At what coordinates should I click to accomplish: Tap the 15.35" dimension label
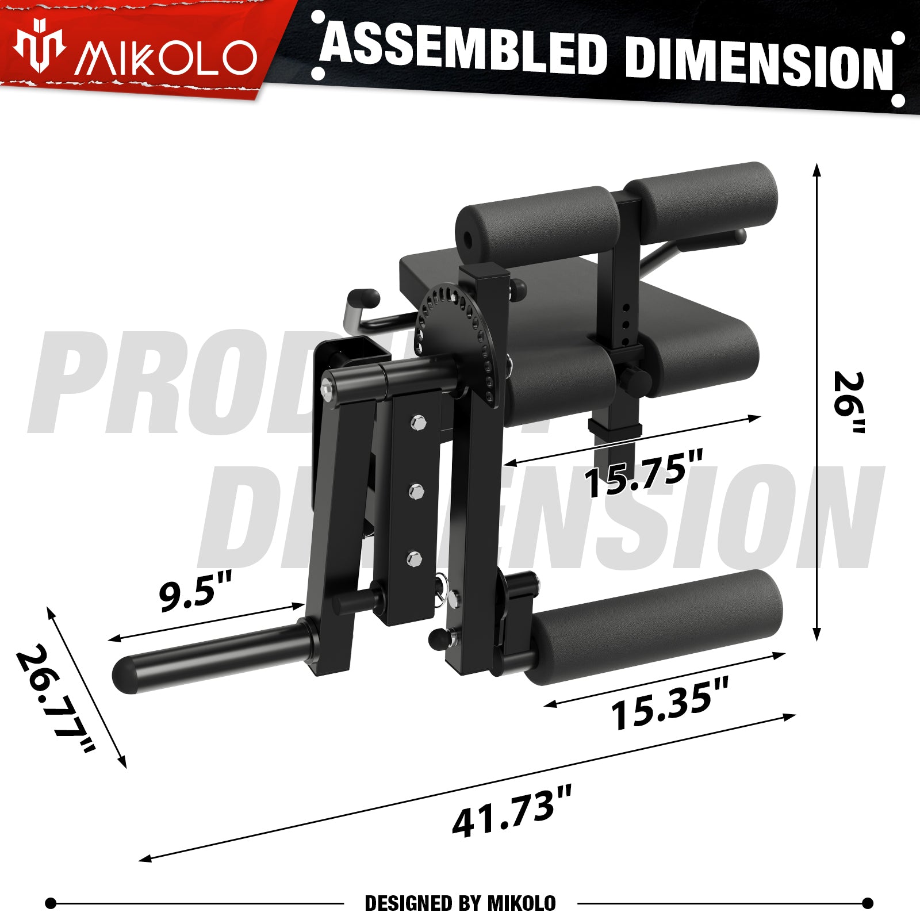pyautogui.click(x=669, y=704)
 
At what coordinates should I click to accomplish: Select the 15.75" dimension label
pyautogui.click(x=643, y=475)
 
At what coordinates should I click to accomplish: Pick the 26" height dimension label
pyautogui.click(x=850, y=402)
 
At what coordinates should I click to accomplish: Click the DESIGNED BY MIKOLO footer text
pyautogui.click(x=460, y=903)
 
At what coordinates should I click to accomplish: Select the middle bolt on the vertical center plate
pyautogui.click(x=416, y=492)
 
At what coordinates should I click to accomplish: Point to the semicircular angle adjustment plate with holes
pyautogui.click(x=460, y=333)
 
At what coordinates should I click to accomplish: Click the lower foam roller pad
pyautogui.click(x=655, y=627)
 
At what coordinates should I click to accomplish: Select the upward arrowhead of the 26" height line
pyautogui.click(x=816, y=168)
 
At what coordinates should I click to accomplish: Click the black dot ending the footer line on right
pyautogui.click(x=868, y=903)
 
